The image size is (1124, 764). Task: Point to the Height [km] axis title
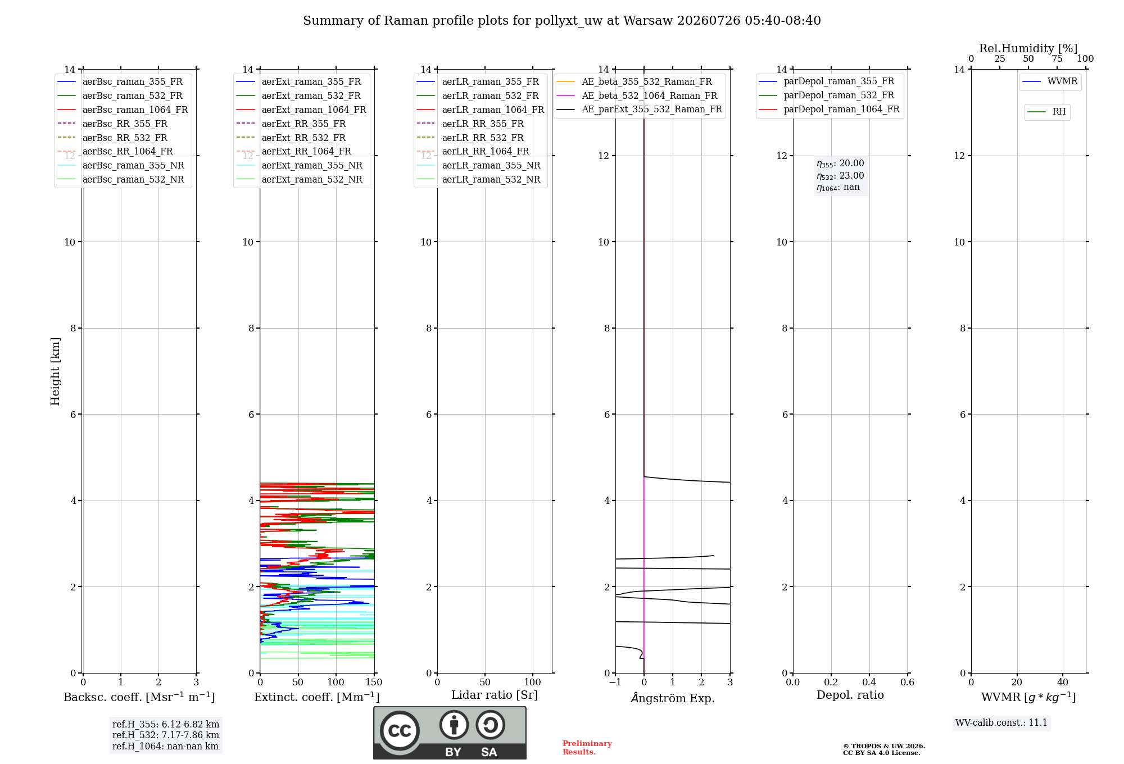pyautogui.click(x=55, y=371)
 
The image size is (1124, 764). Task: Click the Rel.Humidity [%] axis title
pyautogui.click(x=1028, y=48)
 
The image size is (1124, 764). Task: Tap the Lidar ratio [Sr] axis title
pyautogui.click(x=495, y=695)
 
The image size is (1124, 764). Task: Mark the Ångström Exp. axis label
pyautogui.click(x=673, y=698)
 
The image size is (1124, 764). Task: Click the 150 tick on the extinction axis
pyautogui.click(x=374, y=682)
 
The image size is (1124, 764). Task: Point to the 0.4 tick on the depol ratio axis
pyautogui.click(x=869, y=682)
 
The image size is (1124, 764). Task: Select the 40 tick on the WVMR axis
pyautogui.click(x=1063, y=682)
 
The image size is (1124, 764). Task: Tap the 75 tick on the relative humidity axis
pyautogui.click(x=1057, y=59)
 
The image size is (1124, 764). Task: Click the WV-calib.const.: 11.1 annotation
pyautogui.click(x=1001, y=722)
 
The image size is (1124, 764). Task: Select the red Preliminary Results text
pyautogui.click(x=587, y=748)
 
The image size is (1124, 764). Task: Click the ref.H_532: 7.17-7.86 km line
pyautogui.click(x=166, y=735)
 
